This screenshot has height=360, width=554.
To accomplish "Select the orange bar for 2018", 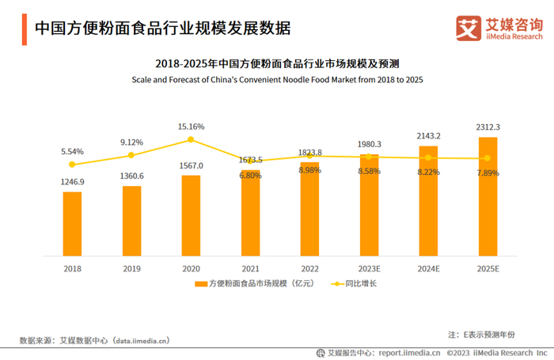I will (73, 224).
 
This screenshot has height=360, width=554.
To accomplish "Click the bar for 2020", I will (191, 215).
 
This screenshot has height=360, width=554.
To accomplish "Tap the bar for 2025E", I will (488, 197).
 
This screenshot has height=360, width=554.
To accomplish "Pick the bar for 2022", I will (309, 209).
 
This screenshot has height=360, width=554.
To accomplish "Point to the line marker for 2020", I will (191, 140).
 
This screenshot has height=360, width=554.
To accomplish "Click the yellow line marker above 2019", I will (131, 155).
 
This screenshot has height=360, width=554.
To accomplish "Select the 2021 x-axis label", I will (250, 269).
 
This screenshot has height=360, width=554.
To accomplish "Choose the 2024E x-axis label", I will (428, 269).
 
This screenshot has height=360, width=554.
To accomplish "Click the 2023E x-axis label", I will (369, 269).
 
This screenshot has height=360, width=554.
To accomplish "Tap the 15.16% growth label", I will (191, 127).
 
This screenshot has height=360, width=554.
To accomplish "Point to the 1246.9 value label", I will (73, 181).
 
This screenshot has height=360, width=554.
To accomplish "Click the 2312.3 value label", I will (488, 127).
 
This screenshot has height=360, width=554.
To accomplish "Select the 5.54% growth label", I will (72, 151).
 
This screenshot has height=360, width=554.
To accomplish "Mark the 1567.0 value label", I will (191, 165).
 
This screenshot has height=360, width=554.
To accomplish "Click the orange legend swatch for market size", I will (199, 283).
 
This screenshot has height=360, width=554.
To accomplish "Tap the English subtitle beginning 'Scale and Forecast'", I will (277, 80).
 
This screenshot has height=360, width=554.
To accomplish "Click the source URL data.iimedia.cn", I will (141, 341).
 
